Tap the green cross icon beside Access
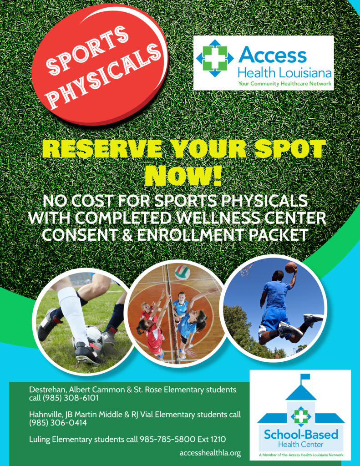pos(214,58)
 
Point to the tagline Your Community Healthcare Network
pos(284,83)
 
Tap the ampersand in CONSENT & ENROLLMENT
pos(127,235)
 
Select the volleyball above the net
pos(182,272)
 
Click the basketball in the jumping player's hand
pos(291,267)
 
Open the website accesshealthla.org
pos(210,453)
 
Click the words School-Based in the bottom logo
pos(301,434)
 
